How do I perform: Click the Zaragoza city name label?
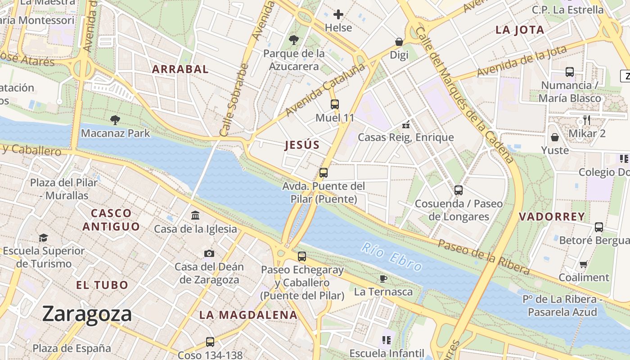pyautogui.click(x=87, y=314)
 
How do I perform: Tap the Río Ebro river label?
pyautogui.click(x=392, y=257)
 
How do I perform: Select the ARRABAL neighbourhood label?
pyautogui.click(x=180, y=69)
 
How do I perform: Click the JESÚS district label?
pyautogui.click(x=302, y=145)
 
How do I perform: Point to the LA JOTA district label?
pyautogui.click(x=520, y=30)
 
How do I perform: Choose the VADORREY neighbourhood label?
pyautogui.click(x=552, y=216)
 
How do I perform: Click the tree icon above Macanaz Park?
pyautogui.click(x=115, y=120)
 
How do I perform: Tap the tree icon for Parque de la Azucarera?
pyautogui.click(x=294, y=40)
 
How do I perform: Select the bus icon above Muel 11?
pyautogui.click(x=335, y=104)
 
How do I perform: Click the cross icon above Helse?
pyautogui.click(x=338, y=14)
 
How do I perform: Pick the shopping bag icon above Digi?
pyautogui.click(x=399, y=42)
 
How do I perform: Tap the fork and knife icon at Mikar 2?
pyautogui.click(x=586, y=120)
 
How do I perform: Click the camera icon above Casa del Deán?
pyautogui.click(x=209, y=253)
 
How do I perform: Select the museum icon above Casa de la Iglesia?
pyautogui.click(x=195, y=216)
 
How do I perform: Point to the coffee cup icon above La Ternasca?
pyautogui.click(x=383, y=279)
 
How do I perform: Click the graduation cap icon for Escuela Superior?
pyautogui.click(x=43, y=238)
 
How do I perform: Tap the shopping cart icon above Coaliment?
pyautogui.click(x=584, y=264)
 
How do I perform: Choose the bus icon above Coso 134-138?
pyautogui.click(x=210, y=342)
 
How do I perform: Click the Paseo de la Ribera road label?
pyautogui.click(x=484, y=257)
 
